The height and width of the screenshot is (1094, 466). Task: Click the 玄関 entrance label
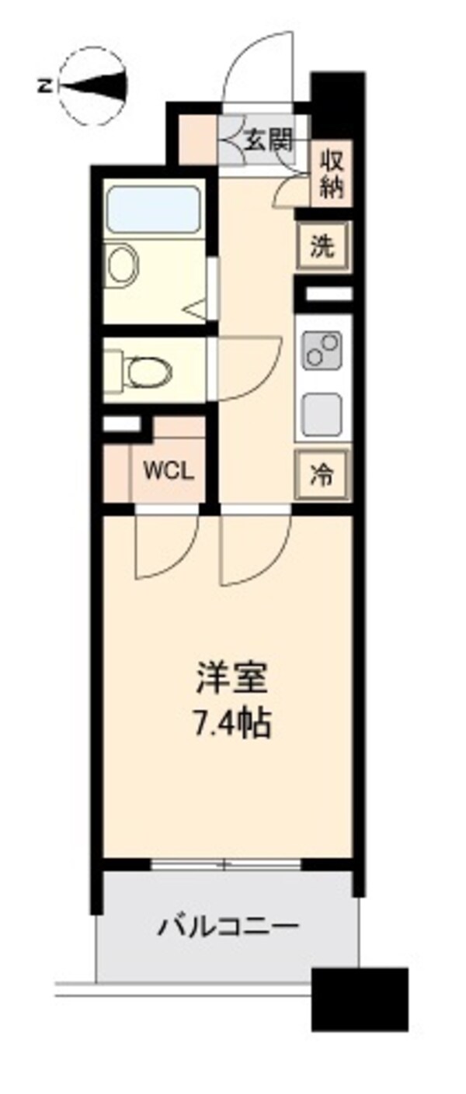pyautogui.click(x=269, y=141)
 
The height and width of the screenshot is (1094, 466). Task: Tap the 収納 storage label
pyautogui.click(x=332, y=174)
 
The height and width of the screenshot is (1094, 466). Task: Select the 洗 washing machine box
pyautogui.click(x=321, y=246)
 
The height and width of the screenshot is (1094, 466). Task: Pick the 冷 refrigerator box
pyautogui.click(x=322, y=475)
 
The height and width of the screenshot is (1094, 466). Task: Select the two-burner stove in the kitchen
pyautogui.click(x=322, y=348)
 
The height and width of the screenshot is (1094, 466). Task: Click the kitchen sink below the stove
pyautogui.click(x=321, y=415)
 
